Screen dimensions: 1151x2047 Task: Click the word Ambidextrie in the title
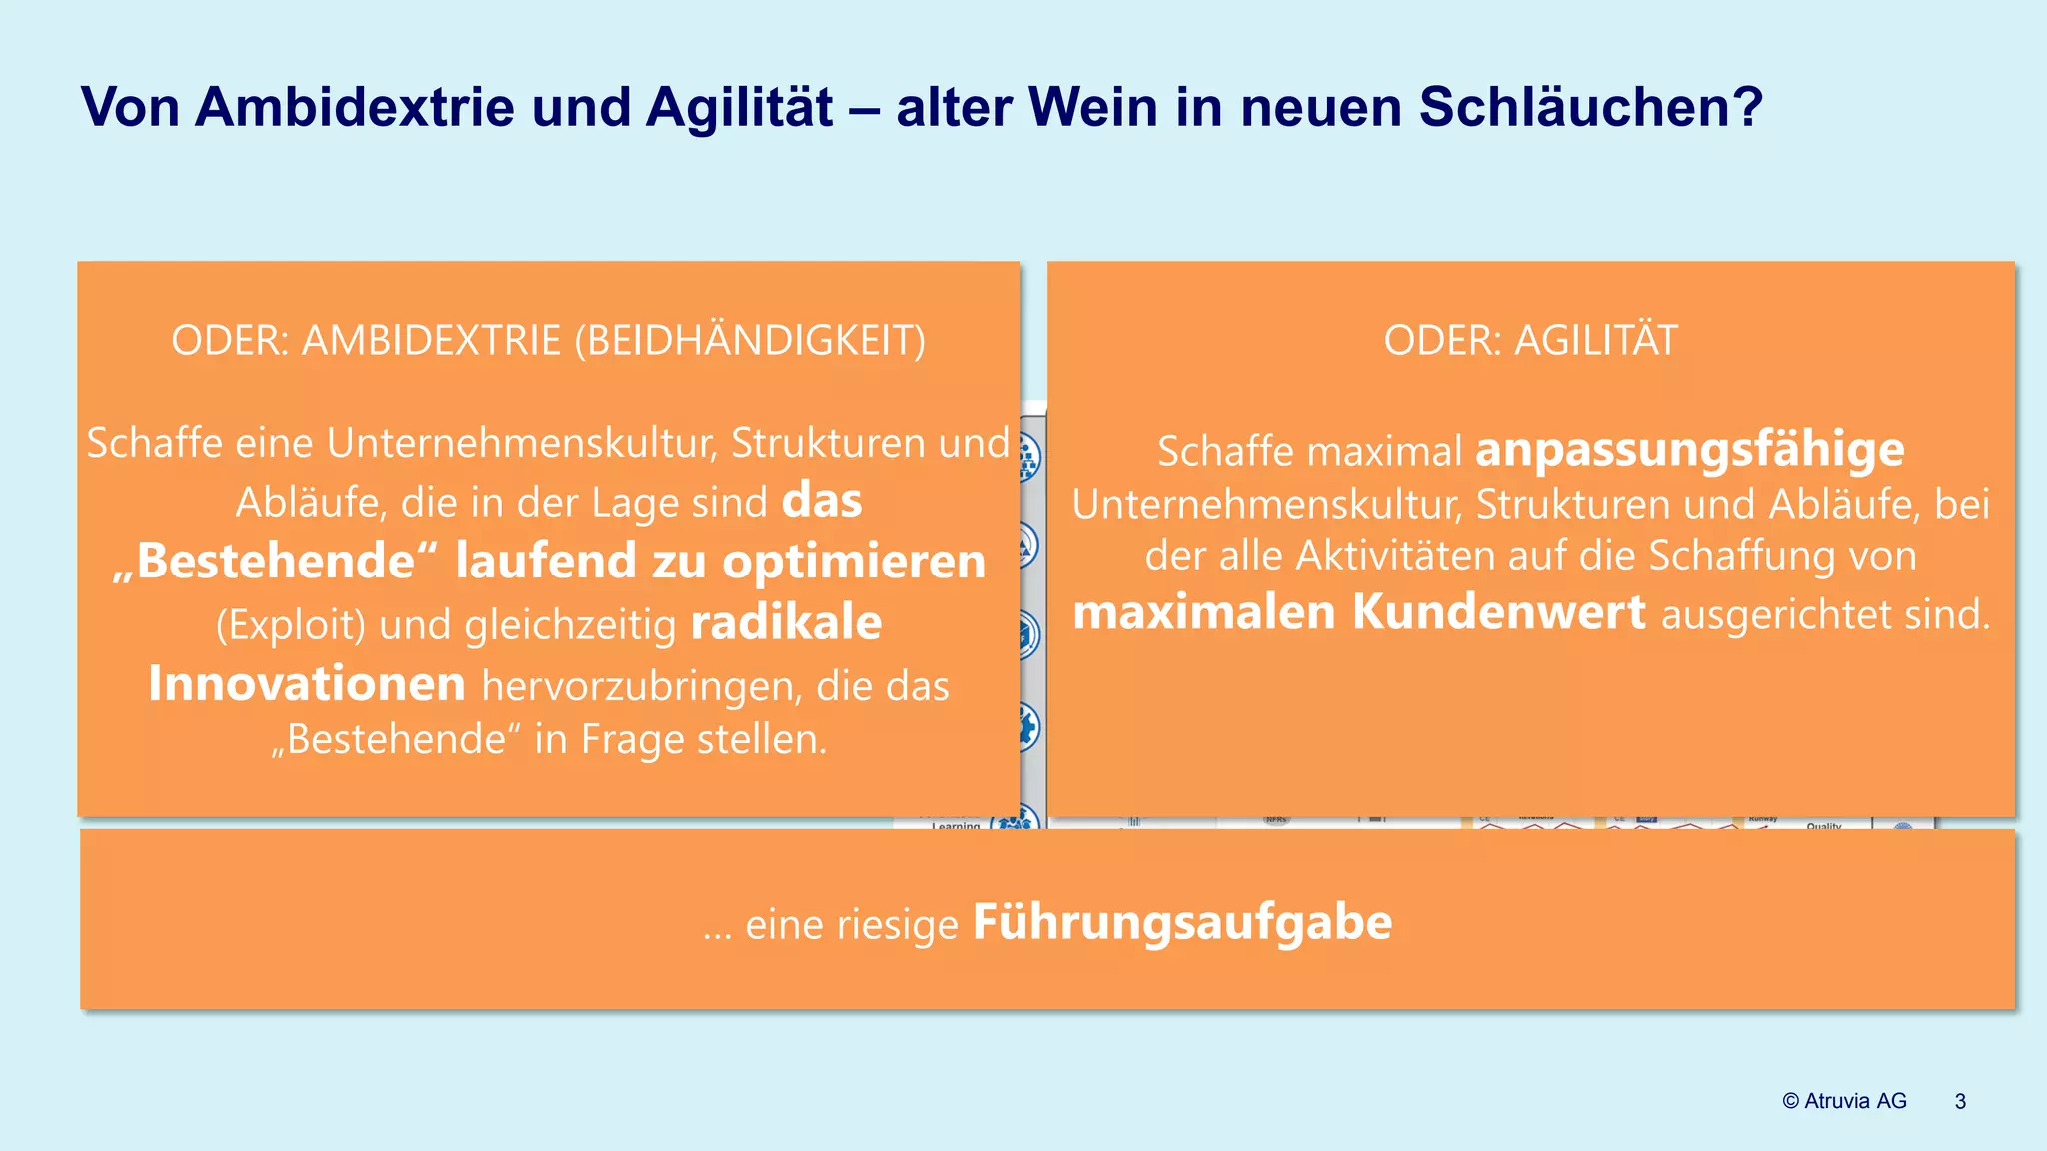click(x=354, y=107)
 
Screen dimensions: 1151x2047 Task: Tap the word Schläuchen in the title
click(x=1590, y=107)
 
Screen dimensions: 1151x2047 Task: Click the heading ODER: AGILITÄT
click(x=1530, y=341)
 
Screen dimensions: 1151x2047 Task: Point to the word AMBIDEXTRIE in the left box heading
click(x=431, y=341)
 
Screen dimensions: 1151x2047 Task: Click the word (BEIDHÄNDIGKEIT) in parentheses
click(x=750, y=341)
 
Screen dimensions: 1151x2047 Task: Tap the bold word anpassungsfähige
click(x=1690, y=450)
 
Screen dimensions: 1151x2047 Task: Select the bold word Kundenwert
click(x=1498, y=612)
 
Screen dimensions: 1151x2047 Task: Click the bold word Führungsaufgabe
click(x=1181, y=922)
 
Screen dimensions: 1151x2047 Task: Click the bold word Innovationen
click(x=307, y=685)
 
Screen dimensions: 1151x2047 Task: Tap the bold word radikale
click(x=786, y=623)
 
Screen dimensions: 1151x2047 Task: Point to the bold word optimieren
click(x=854, y=562)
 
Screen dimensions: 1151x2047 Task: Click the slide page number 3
click(x=1960, y=1101)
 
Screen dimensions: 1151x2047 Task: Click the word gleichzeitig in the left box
click(x=570, y=625)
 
